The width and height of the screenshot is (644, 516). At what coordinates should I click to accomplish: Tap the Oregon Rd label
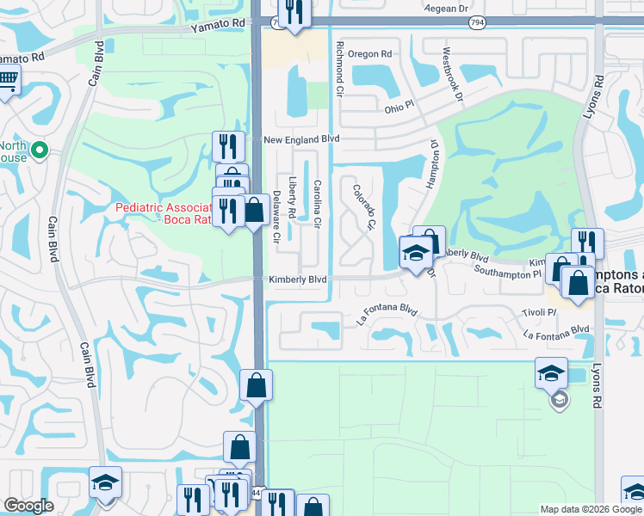pos(370,53)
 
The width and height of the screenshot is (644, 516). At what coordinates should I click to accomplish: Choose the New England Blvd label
pos(301,138)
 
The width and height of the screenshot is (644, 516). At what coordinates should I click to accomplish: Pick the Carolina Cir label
pos(317,204)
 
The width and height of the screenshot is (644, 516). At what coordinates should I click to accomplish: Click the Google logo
pos(28,506)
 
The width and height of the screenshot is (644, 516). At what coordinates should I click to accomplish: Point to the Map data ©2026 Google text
pos(590,509)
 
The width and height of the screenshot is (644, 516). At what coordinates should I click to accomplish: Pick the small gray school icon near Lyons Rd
pos(560,400)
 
